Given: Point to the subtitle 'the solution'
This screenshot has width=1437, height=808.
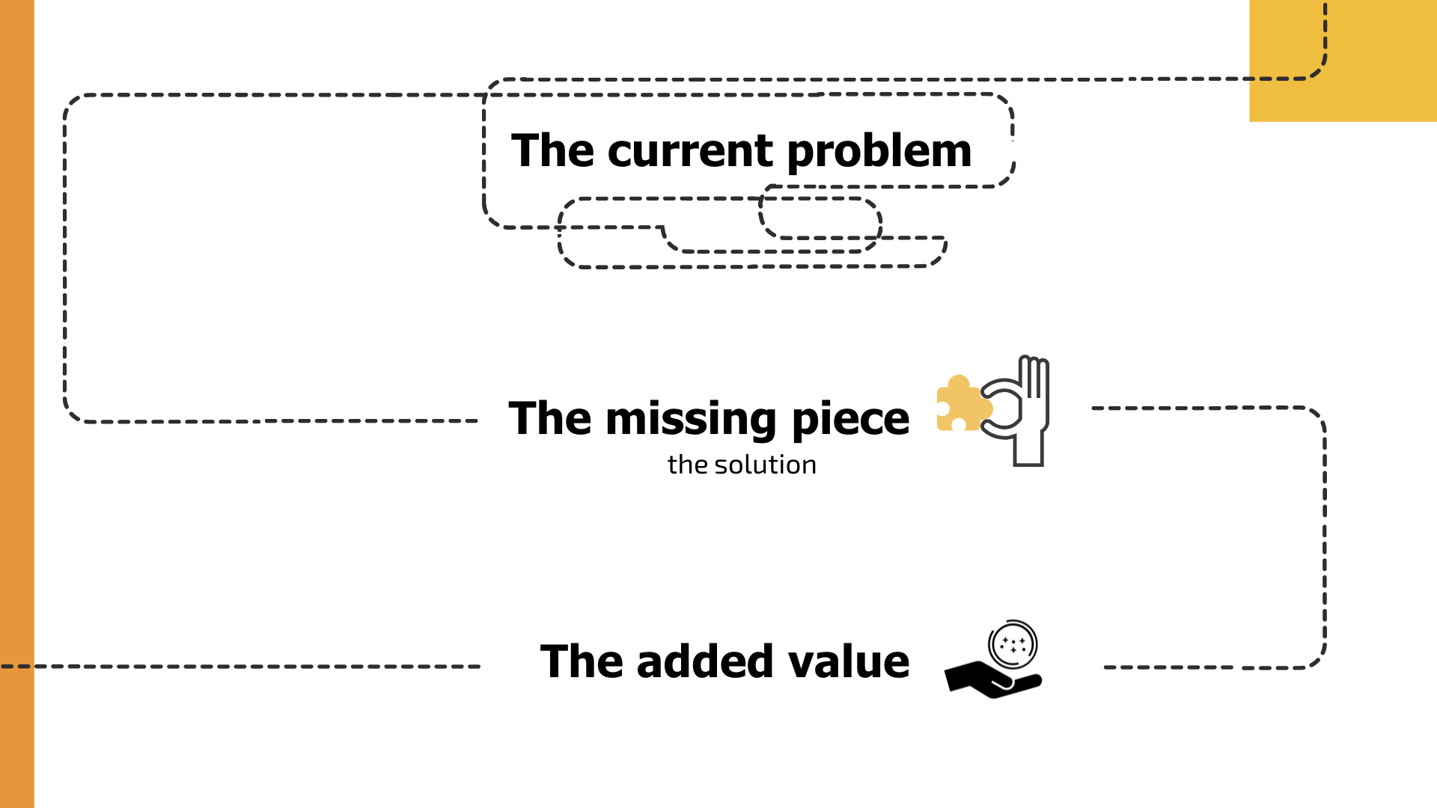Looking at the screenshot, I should (x=741, y=465).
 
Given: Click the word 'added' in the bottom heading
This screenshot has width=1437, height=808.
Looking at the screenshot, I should (x=704, y=662).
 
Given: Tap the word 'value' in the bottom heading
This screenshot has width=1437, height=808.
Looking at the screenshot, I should (x=847, y=662).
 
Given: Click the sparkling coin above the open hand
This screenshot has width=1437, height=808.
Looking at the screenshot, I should (x=1013, y=643).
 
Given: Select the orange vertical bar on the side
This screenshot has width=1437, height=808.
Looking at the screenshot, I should (x=16, y=404).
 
